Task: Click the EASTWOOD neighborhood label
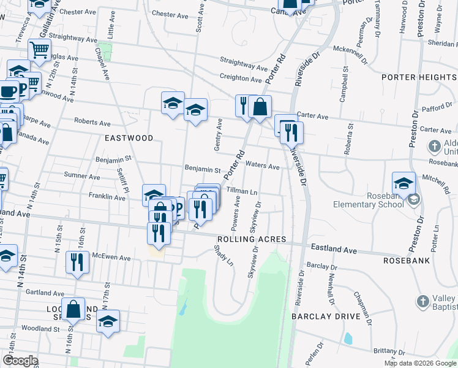129,138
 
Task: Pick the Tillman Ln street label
242,191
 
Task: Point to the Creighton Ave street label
241,78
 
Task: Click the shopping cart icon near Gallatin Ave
39,50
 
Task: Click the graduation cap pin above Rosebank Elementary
404,183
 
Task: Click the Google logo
20,360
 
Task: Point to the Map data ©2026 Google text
420,363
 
